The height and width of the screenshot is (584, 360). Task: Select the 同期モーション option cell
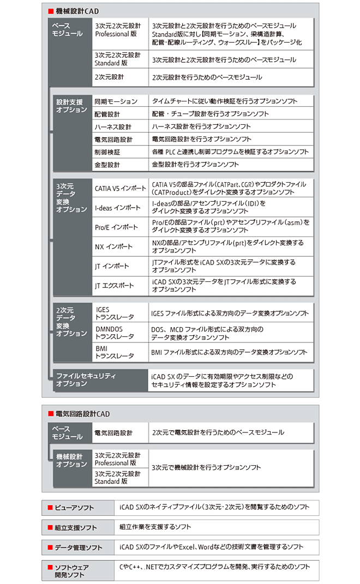pyautogui.click(x=116, y=101)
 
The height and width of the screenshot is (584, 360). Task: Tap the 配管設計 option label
pyautogui.click(x=107, y=115)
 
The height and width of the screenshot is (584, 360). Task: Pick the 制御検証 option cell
pyautogui.click(x=107, y=152)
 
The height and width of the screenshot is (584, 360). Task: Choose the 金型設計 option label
pyautogui.click(x=107, y=165)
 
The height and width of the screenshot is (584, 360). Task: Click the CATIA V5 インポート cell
pyautogui.click(x=120, y=189)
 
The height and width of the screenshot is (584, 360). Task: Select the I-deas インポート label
pyautogui.click(x=117, y=208)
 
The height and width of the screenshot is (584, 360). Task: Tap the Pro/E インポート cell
pyautogui.click(x=116, y=227)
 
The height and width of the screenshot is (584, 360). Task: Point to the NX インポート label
pyautogui.click(x=114, y=246)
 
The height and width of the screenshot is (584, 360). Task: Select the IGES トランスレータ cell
pyautogui.click(x=115, y=313)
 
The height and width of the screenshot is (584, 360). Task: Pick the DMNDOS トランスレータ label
pyautogui.click(x=115, y=333)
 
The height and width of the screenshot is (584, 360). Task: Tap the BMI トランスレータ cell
pyautogui.click(x=115, y=352)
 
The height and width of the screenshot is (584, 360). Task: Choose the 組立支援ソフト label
pyautogui.click(x=75, y=528)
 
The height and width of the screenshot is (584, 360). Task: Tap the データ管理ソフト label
pyautogui.click(x=78, y=547)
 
